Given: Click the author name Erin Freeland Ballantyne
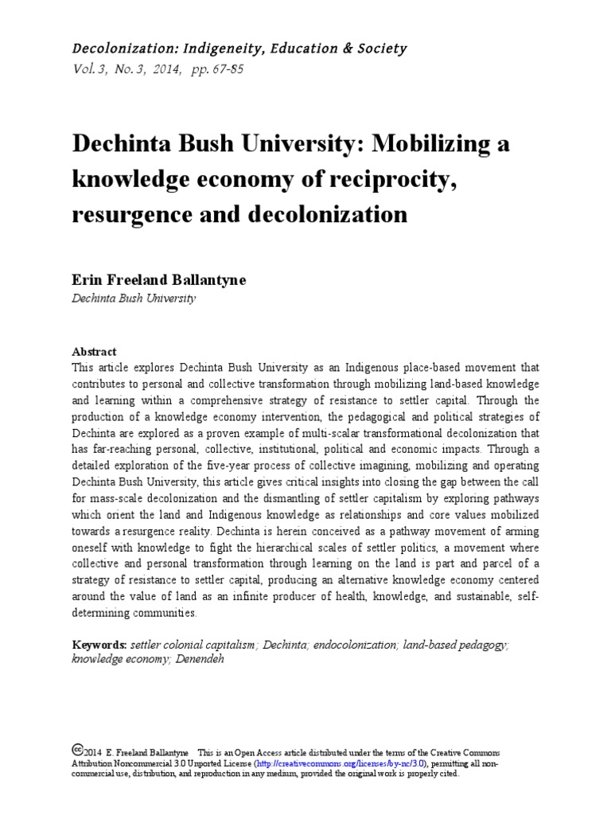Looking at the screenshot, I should pyautogui.click(x=159, y=280).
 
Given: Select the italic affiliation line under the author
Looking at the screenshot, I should pyautogui.click(x=133, y=298).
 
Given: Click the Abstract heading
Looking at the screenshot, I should pyautogui.click(x=94, y=351).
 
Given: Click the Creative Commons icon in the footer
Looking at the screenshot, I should pyautogui.click(x=77, y=749).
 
